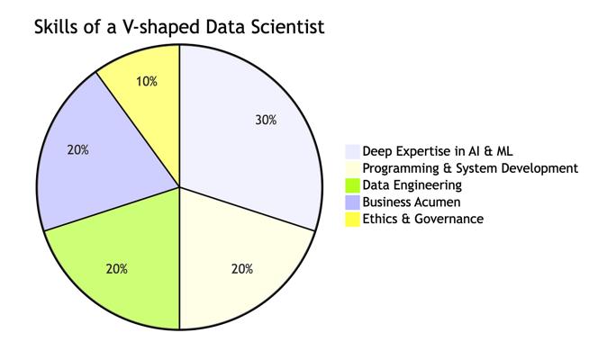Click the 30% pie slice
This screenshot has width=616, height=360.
tap(252, 135)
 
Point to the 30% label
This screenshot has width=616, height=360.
tap(265, 120)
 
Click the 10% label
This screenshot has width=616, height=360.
tap(147, 81)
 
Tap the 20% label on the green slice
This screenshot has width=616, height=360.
tap(117, 268)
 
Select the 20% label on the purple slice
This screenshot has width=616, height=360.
tap(78, 150)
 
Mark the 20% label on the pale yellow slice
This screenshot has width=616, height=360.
tap(241, 268)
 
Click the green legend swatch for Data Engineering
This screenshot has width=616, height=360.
tap(352, 185)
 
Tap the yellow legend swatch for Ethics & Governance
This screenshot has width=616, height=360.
tap(352, 219)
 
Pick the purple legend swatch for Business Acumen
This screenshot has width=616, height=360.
tap(352, 202)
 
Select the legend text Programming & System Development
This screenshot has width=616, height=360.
tap(469, 168)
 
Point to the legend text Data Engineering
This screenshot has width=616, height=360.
tap(412, 185)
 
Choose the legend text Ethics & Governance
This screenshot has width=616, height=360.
tap(422, 219)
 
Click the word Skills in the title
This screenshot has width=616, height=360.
tap(58, 27)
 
